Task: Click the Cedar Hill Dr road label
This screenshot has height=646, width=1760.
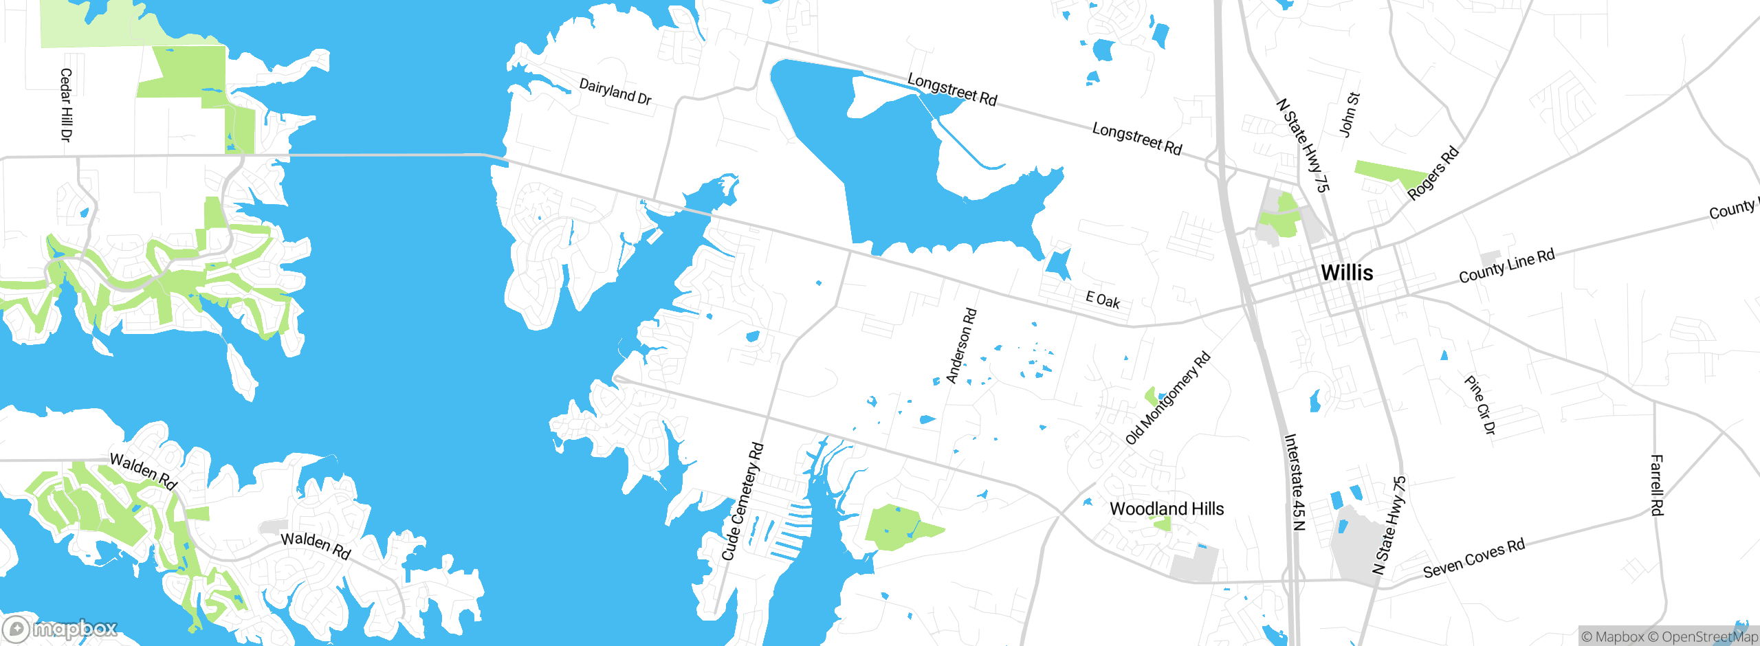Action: (x=66, y=105)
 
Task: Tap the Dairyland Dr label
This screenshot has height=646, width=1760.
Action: (x=615, y=91)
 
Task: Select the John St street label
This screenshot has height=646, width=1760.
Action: (x=1349, y=114)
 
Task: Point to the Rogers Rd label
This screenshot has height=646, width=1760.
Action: (x=1433, y=173)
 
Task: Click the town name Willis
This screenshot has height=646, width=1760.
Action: (x=1347, y=273)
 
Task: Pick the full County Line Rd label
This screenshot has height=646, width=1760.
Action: (x=1506, y=266)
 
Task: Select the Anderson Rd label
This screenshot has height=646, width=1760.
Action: (x=961, y=346)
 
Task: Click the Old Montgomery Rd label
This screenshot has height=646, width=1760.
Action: (x=1168, y=399)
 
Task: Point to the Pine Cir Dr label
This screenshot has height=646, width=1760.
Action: (x=1479, y=405)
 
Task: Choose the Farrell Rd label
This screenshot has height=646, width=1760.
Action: (x=1657, y=485)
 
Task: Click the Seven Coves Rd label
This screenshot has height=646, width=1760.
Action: (x=1474, y=558)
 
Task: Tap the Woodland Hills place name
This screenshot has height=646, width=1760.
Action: (x=1167, y=509)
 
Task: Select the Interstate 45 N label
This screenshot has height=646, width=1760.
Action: (x=1295, y=482)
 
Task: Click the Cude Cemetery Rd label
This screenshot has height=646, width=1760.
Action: (x=742, y=502)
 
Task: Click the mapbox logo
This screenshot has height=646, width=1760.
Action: (x=60, y=628)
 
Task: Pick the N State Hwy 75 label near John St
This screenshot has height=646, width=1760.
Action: (x=1303, y=145)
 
